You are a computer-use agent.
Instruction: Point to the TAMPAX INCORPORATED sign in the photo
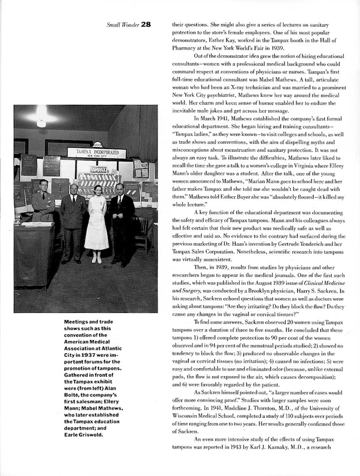tap(96, 153)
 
